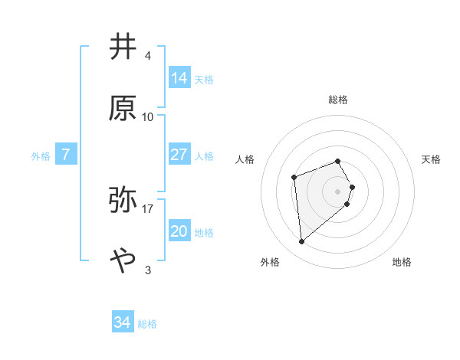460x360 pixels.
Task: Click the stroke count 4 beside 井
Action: pyautogui.click(x=148, y=57)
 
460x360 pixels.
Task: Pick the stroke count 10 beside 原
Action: pyautogui.click(x=148, y=117)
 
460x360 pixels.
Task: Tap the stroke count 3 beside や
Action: pyautogui.click(x=148, y=270)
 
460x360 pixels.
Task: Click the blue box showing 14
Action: pyautogui.click(x=179, y=78)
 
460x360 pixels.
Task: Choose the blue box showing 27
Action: pyautogui.click(x=179, y=155)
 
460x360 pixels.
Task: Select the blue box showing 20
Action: pyautogui.click(x=179, y=231)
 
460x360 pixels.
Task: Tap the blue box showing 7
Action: pyautogui.click(x=66, y=155)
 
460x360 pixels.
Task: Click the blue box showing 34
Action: pyautogui.click(x=123, y=322)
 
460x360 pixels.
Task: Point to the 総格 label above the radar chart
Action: pyautogui.click(x=338, y=100)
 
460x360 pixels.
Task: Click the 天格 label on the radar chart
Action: pyautogui.click(x=432, y=159)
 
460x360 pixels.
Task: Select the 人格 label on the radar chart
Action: pyautogui.click(x=245, y=159)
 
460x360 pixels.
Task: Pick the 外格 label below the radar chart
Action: pyautogui.click(x=270, y=262)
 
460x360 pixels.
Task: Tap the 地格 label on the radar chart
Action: pyautogui.click(x=402, y=262)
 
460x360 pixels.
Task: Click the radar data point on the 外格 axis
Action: pyautogui.click(x=302, y=242)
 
